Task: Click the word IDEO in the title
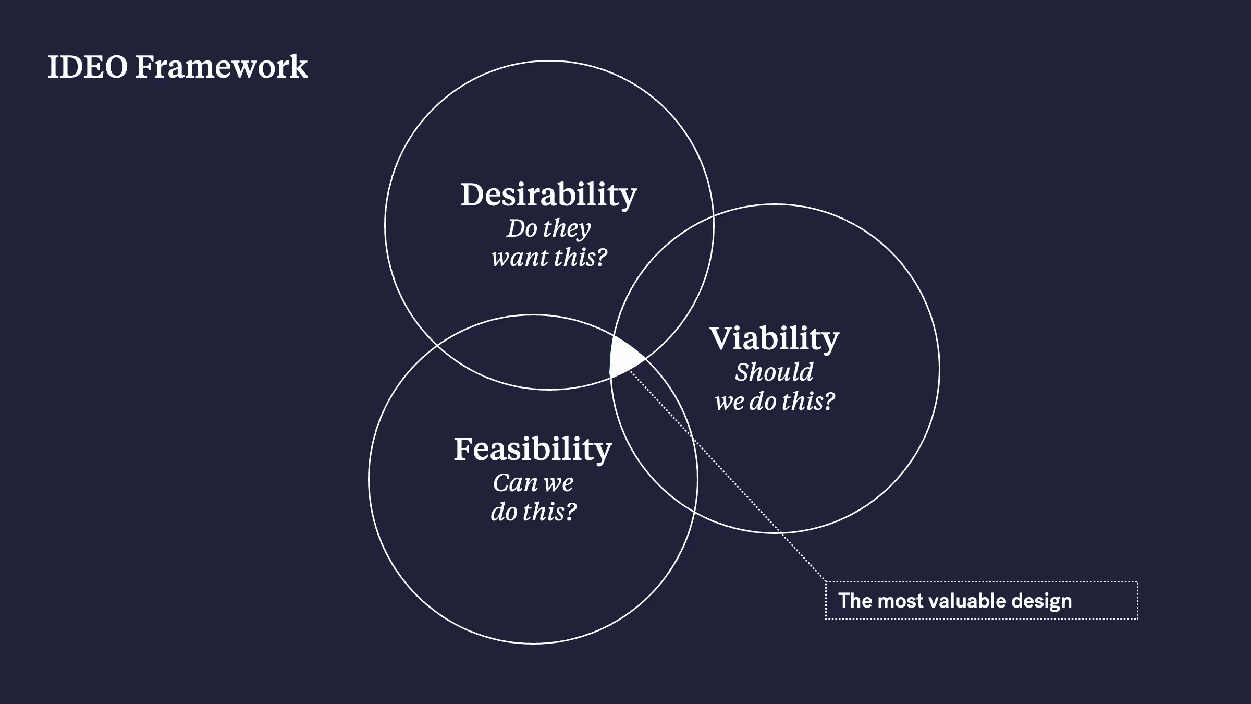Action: [x=88, y=67]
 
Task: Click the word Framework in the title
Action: [x=222, y=67]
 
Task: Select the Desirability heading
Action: [x=548, y=195]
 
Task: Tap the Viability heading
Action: [x=774, y=339]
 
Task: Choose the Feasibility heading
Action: [x=533, y=450]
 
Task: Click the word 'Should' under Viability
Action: [x=774, y=372]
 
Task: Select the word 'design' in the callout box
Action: [x=1041, y=601]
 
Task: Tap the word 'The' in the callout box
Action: [x=855, y=601]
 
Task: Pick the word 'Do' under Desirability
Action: [x=522, y=228]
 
